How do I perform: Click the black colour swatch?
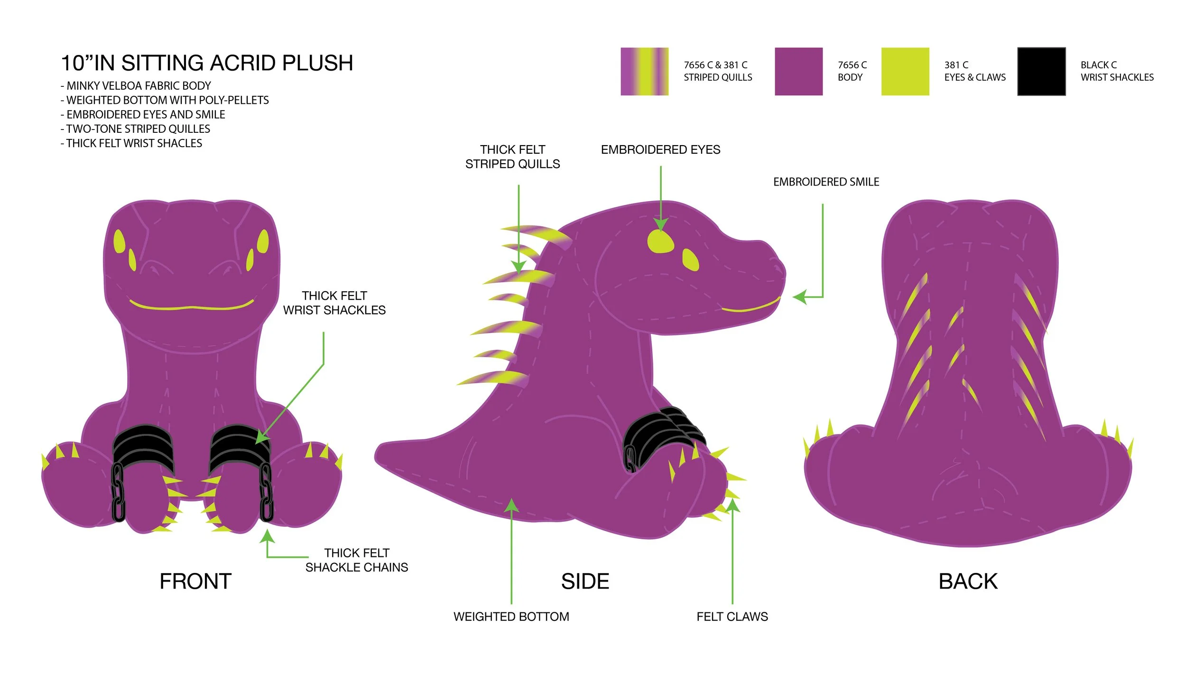click(x=1041, y=72)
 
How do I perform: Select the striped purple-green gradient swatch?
click(x=644, y=72)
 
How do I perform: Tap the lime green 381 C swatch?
click(x=905, y=72)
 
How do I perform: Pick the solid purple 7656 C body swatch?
click(x=798, y=72)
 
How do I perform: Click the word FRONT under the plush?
click(x=195, y=582)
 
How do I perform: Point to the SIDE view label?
click(x=585, y=582)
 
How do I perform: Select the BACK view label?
click(x=968, y=582)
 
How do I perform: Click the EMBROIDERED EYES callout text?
click(x=660, y=150)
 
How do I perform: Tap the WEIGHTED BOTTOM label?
click(x=511, y=617)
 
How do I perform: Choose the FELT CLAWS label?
click(x=732, y=617)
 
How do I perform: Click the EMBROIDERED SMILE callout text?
click(x=826, y=182)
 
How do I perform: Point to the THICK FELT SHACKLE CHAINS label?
click(x=357, y=560)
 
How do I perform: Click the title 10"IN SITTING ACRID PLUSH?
click(x=207, y=63)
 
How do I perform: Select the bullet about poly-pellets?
click(x=165, y=100)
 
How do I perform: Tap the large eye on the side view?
click(x=660, y=242)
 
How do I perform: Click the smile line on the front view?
click(x=191, y=306)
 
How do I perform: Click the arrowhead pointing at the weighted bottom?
click(x=511, y=506)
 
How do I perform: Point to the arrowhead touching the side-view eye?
click(x=660, y=224)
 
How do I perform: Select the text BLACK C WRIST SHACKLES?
click(x=1117, y=71)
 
